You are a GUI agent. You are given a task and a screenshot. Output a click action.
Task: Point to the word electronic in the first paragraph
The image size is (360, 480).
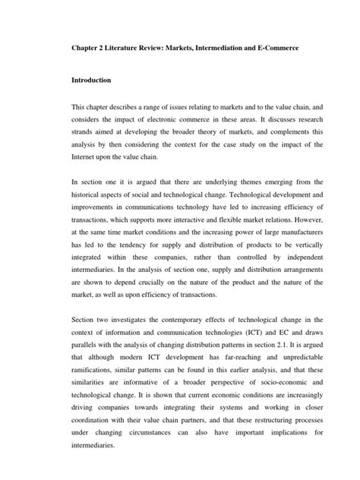155,122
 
